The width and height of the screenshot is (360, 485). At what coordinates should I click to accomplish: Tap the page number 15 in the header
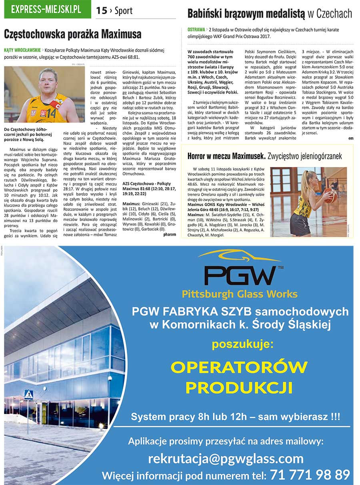pyautogui.click(x=102, y=11)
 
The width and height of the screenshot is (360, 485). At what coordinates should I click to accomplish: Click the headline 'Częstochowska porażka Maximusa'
pyautogui.click(x=72, y=34)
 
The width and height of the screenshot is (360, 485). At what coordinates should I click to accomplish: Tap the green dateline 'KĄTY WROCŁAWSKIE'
pyautogui.click(x=22, y=50)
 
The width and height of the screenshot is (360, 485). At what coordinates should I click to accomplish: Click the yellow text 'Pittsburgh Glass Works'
pyautogui.click(x=240, y=295)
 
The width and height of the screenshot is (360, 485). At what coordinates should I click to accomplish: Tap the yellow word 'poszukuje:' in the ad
pyautogui.click(x=242, y=344)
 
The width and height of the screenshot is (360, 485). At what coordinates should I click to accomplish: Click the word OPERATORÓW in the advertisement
pyautogui.click(x=239, y=367)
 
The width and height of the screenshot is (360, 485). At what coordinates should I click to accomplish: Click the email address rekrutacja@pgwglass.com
pyautogui.click(x=226, y=459)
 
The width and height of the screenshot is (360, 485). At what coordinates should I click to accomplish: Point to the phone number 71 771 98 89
pyautogui.click(x=310, y=475)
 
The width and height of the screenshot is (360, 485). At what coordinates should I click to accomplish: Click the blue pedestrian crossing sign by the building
pyautogui.click(x=28, y=394)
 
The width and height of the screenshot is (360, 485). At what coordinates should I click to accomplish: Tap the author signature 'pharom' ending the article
pyautogui.click(x=170, y=234)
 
